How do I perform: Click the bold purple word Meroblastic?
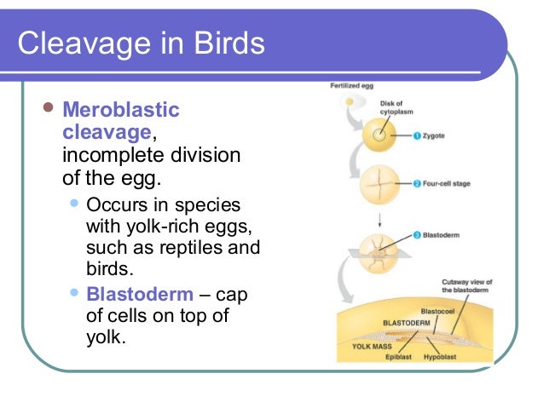pyautogui.click(x=121, y=111)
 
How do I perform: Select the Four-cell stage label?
pyautogui.click(x=447, y=183)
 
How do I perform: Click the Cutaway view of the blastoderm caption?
pyautogui.click(x=466, y=287)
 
